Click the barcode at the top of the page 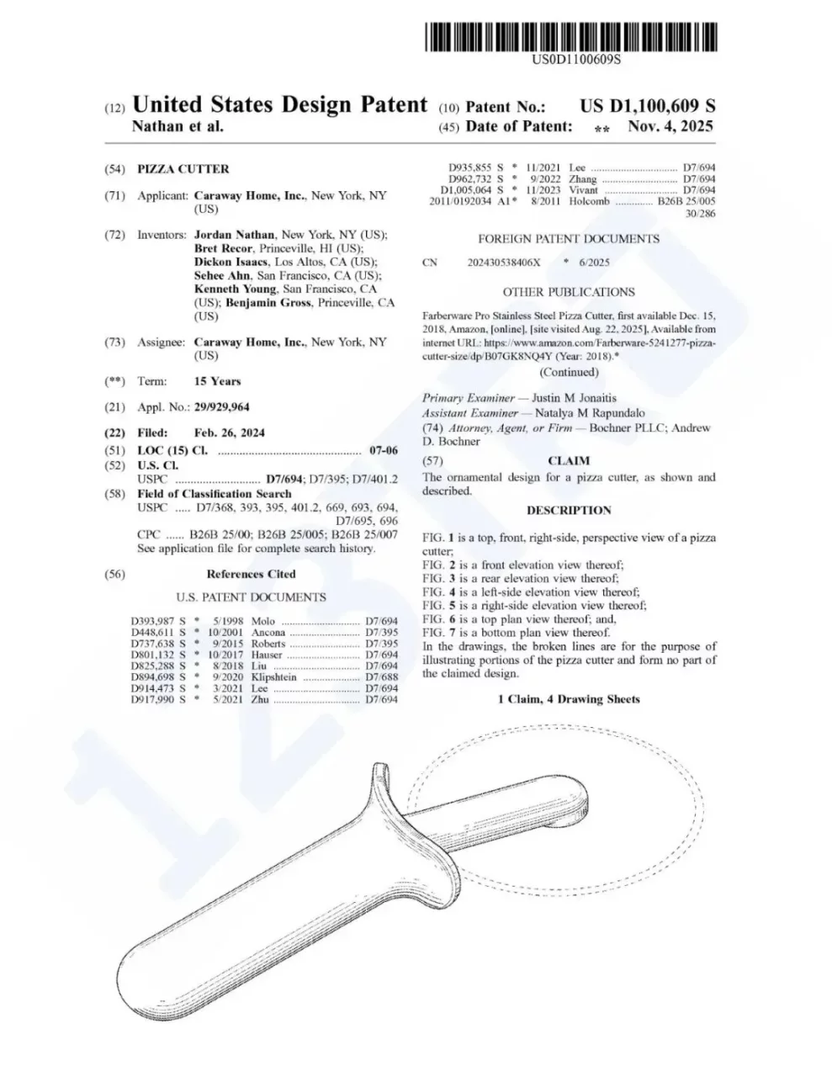[x=570, y=38]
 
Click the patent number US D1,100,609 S [x=648, y=107]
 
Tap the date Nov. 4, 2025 [x=670, y=127]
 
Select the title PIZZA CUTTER [x=183, y=169]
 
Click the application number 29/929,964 [x=221, y=407]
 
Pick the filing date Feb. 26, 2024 [x=229, y=432]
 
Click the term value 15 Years [x=217, y=381]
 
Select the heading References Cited [x=251, y=575]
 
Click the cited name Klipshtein [x=274, y=677]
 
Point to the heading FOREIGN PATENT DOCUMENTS [x=569, y=239]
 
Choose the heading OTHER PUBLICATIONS [x=569, y=292]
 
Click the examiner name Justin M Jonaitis [x=568, y=398]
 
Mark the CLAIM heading [x=569, y=461]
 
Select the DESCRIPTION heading [x=569, y=511]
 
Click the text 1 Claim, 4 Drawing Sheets [x=569, y=699]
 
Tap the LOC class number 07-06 [x=384, y=451]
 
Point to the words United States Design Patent [x=280, y=105]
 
